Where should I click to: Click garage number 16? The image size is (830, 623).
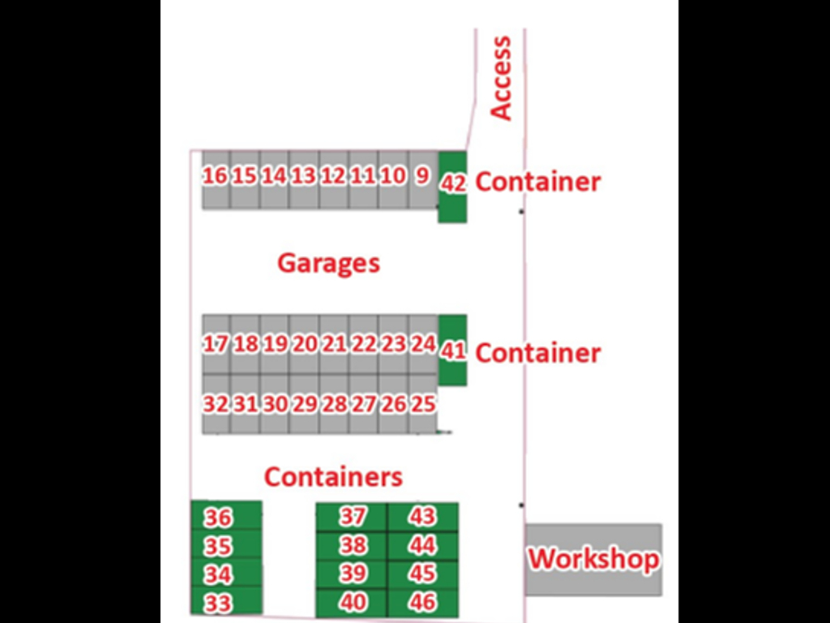216,180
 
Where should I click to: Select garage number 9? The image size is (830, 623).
423,180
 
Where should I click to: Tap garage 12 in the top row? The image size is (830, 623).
334,180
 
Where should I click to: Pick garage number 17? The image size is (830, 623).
216,345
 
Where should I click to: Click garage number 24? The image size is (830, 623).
423,345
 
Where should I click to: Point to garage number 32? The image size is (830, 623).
216,405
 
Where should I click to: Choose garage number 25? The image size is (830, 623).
423,405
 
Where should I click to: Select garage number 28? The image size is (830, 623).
334,405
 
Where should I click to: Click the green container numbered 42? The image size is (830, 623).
452,187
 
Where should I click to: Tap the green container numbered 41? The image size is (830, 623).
453,350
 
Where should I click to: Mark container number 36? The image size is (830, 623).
227,515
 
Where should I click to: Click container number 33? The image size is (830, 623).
227,601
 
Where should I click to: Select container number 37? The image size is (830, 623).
352,518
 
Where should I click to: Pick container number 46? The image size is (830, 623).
423,603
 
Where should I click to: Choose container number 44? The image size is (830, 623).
423,546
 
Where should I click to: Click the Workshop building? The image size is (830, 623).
593,560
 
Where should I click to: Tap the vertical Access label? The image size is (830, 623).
501,78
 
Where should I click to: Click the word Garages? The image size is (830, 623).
329,264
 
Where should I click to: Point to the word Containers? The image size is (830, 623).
333,477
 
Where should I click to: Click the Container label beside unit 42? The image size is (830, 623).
538,182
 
